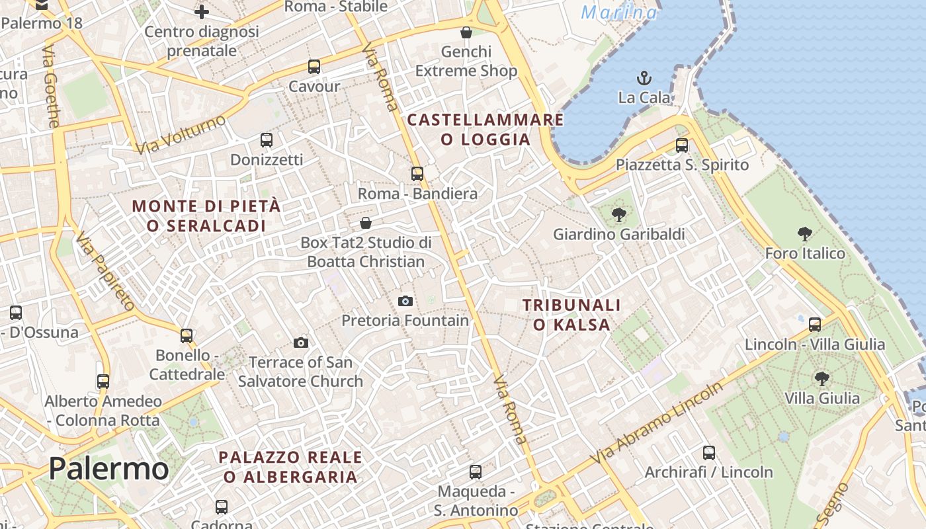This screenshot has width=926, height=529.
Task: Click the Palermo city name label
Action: click(x=108, y=468)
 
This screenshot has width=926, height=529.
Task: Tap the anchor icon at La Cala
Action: click(x=644, y=78)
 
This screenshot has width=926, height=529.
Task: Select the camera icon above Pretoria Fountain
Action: click(x=405, y=301)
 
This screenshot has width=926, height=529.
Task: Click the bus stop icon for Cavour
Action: click(x=314, y=67)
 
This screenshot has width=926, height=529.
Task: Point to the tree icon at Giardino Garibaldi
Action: click(x=619, y=214)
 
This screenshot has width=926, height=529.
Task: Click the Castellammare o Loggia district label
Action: click(x=485, y=130)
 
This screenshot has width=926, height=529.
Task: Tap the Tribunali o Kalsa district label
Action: click(x=571, y=315)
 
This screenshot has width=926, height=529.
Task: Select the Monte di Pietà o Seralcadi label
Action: click(x=206, y=216)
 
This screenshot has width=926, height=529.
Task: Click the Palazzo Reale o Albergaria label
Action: click(x=290, y=467)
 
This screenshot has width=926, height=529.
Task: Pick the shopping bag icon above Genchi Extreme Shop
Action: click(x=466, y=32)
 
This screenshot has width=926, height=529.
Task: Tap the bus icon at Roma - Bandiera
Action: click(x=417, y=174)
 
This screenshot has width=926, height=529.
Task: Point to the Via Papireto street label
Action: click(x=105, y=271)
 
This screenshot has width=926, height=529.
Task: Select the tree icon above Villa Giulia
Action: click(x=821, y=378)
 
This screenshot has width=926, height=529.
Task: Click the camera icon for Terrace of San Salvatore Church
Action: click(x=301, y=343)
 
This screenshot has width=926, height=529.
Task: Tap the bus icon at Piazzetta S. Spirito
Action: click(x=682, y=145)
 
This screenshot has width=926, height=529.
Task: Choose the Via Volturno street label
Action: click(x=180, y=135)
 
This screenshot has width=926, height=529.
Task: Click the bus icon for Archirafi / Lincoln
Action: click(x=709, y=453)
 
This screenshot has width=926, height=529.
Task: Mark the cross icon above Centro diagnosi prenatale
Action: click(x=202, y=11)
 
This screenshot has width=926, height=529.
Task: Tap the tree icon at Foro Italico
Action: click(x=805, y=233)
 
